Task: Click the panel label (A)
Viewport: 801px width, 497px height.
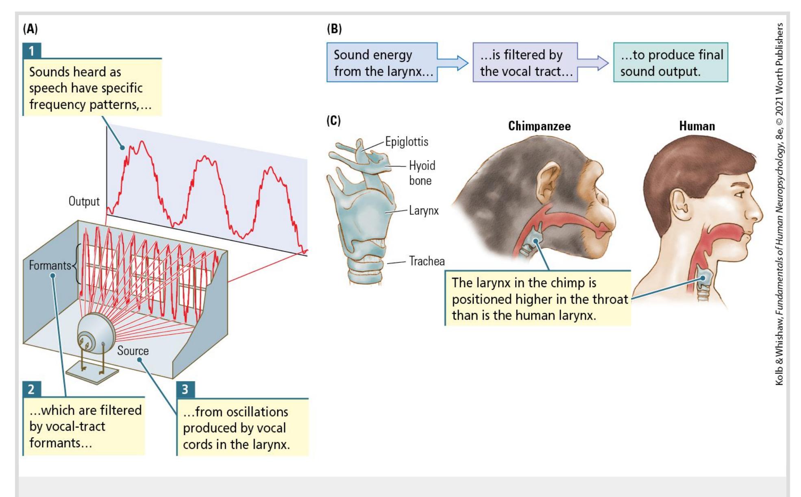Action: [x=30, y=29]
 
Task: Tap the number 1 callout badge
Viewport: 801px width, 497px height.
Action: [x=31, y=51]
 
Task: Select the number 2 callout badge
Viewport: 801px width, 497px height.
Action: [x=31, y=389]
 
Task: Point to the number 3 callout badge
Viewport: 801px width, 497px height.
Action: [x=185, y=389]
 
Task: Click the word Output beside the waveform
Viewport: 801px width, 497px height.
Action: [x=84, y=201]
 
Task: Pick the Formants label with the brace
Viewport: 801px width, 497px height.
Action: [x=50, y=266]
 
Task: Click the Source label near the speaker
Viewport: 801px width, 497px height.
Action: [x=133, y=351]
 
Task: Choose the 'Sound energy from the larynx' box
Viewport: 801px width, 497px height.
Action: [x=382, y=63]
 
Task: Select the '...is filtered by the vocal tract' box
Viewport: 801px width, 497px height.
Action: [x=525, y=63]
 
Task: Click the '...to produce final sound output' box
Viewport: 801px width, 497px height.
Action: [x=670, y=63]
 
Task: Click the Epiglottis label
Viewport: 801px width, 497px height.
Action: [x=407, y=142]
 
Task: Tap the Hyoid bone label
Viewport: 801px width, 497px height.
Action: [x=422, y=173]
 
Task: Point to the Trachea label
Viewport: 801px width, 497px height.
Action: [x=427, y=261]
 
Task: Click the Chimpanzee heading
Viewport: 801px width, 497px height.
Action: [x=539, y=126]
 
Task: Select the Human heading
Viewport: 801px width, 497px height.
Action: [x=697, y=126]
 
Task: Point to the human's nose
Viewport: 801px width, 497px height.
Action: [x=756, y=211]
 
